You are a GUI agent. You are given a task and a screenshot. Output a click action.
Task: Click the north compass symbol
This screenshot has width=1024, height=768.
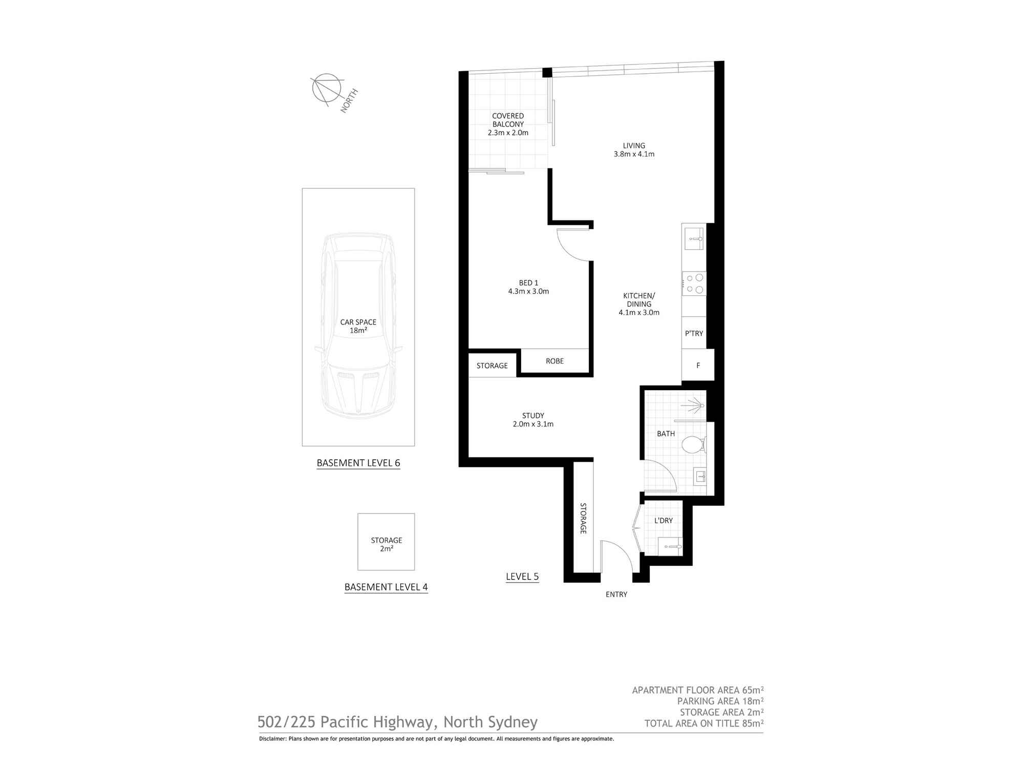click(x=327, y=89)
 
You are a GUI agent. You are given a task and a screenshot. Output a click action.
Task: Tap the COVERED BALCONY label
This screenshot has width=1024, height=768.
click(x=508, y=124)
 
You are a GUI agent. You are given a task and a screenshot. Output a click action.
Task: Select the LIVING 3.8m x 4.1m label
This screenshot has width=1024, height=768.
click(x=634, y=150)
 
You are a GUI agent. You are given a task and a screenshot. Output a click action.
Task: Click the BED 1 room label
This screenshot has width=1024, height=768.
click(x=528, y=287)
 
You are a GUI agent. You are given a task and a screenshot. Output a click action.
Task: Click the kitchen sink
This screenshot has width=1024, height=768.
click(x=694, y=239)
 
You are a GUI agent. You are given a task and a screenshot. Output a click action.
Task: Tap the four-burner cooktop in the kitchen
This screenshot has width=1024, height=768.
click(x=694, y=284)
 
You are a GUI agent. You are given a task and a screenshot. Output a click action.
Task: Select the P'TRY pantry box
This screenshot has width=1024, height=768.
click(x=694, y=333)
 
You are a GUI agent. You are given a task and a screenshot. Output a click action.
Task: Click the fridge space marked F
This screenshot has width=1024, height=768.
click(x=698, y=366)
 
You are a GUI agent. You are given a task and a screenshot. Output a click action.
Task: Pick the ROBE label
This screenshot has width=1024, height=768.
click(x=554, y=361)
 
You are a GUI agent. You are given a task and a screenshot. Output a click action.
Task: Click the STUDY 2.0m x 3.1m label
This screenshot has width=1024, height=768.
click(x=533, y=420)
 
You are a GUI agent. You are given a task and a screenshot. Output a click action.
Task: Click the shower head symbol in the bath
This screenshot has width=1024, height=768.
click(x=694, y=406)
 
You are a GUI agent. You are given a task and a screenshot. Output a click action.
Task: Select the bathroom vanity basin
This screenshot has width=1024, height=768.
click(x=700, y=477)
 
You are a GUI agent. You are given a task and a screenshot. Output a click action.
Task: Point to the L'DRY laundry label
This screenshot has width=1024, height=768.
click(x=664, y=521)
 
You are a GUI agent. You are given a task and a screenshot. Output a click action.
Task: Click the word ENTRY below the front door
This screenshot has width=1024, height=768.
click(x=616, y=594)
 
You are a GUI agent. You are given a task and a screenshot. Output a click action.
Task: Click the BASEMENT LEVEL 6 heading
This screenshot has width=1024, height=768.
click(x=358, y=463)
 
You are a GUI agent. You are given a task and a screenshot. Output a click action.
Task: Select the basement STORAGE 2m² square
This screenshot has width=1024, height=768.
click(x=386, y=542)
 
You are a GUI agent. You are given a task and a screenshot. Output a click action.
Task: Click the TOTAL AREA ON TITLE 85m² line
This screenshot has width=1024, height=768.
click(x=703, y=723)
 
